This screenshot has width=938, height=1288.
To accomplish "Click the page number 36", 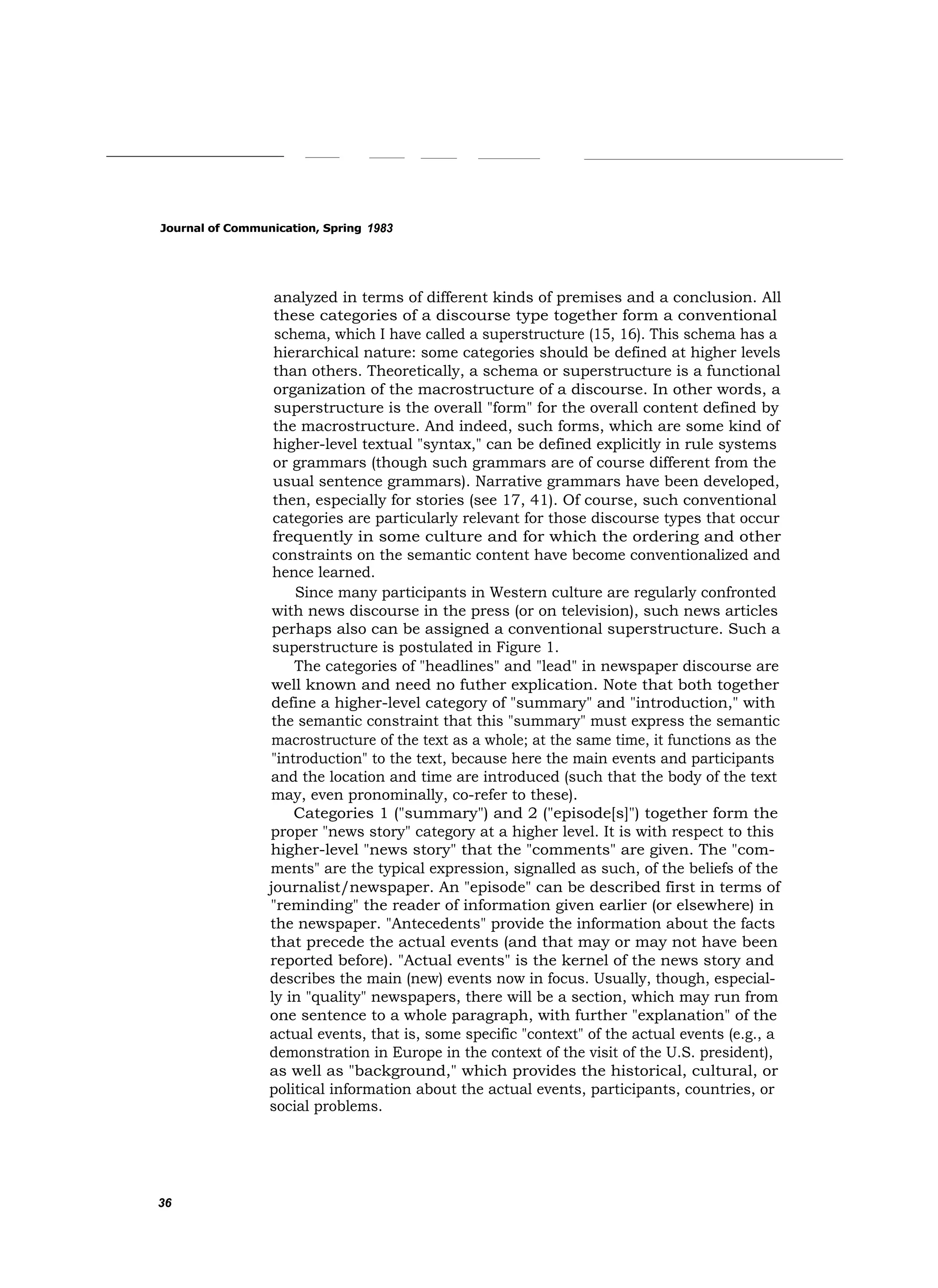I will [165, 1203].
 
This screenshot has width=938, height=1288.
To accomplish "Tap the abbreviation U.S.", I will [680, 1052].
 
